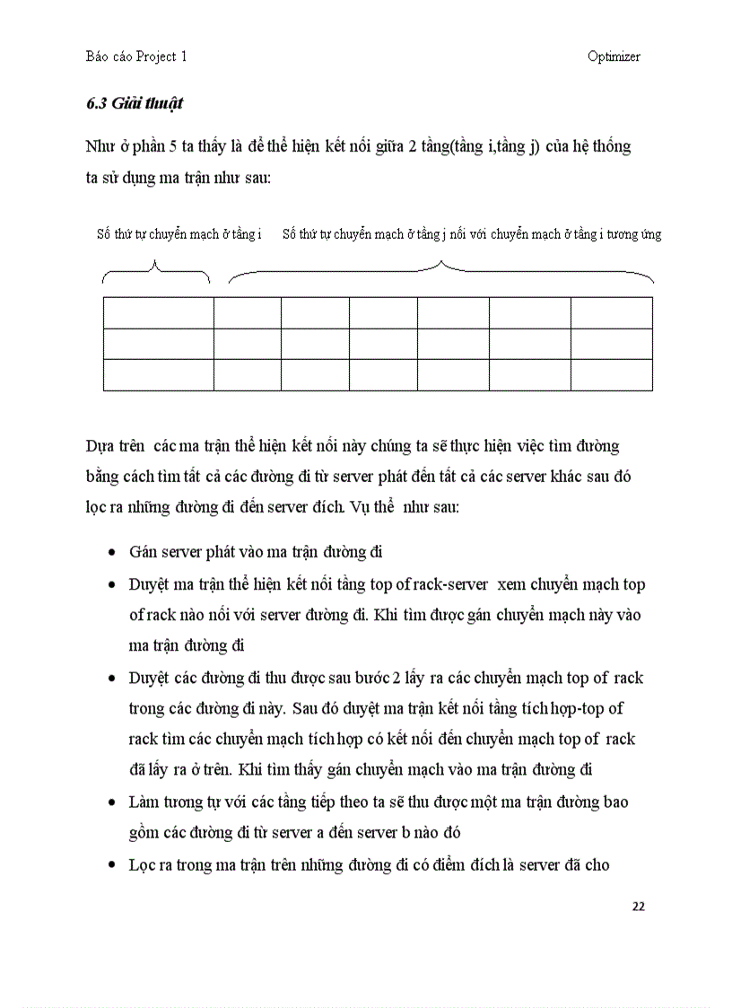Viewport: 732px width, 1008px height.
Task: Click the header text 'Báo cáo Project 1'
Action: pos(136,57)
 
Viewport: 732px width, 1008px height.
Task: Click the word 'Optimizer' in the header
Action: pos(614,57)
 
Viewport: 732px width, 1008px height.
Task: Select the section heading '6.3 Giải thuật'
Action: pos(135,103)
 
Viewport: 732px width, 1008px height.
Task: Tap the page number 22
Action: pos(638,906)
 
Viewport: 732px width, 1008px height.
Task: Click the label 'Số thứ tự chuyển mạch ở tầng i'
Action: pos(179,234)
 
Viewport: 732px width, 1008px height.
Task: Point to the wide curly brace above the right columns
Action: pos(440,270)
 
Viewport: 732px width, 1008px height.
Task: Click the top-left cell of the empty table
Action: pos(158,313)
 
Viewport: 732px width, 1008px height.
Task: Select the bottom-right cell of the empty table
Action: pos(612,374)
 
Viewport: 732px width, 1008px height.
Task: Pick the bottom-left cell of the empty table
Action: pos(158,374)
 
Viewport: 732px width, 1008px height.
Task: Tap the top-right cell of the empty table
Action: pos(612,313)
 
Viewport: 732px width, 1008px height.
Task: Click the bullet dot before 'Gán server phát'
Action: pos(110,552)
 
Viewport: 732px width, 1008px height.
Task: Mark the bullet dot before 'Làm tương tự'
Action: pos(110,802)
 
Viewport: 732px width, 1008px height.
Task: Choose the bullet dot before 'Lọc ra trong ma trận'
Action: pos(110,865)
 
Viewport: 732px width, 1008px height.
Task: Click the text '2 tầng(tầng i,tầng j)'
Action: pos(468,147)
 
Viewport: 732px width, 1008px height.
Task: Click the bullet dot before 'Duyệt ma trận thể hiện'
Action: pos(110,584)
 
